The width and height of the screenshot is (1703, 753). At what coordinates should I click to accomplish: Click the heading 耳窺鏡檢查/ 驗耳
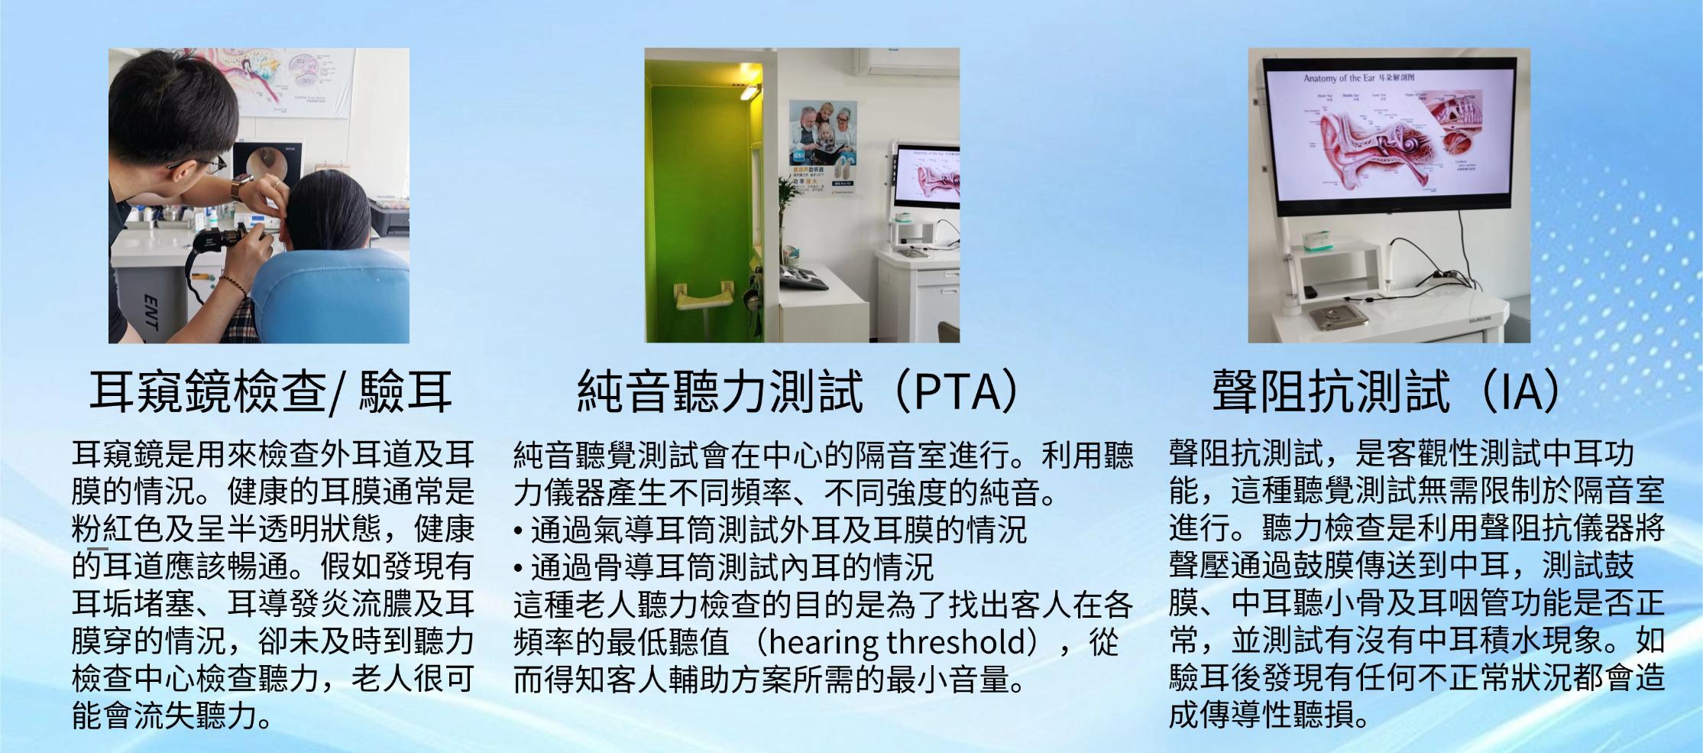coord(271,391)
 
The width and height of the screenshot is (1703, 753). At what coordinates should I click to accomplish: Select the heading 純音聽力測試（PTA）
coord(798,391)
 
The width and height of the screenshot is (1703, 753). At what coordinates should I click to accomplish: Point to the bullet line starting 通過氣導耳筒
coord(772,530)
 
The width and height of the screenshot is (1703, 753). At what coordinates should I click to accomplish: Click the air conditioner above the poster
coord(906,62)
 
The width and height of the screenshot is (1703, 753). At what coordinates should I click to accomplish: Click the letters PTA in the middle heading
coord(955,391)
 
